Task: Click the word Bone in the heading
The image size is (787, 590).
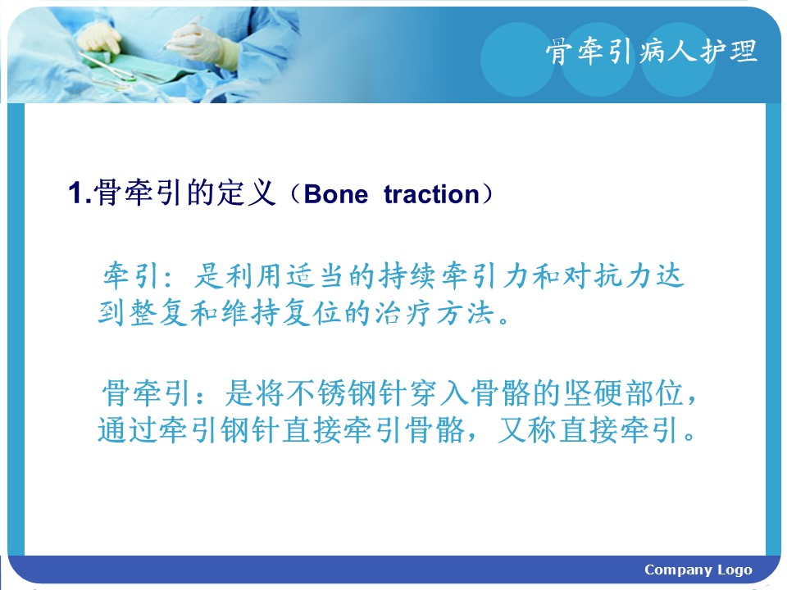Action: point(336,194)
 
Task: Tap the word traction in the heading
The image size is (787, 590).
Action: point(432,194)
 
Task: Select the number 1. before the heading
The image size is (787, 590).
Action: point(80,193)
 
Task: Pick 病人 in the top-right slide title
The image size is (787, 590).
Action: point(667,51)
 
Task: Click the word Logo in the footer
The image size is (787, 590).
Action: point(735,570)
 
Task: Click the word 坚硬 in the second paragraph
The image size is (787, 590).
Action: point(593,393)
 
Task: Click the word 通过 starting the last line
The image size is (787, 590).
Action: point(128,430)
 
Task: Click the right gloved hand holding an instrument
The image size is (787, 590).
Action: point(201,43)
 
